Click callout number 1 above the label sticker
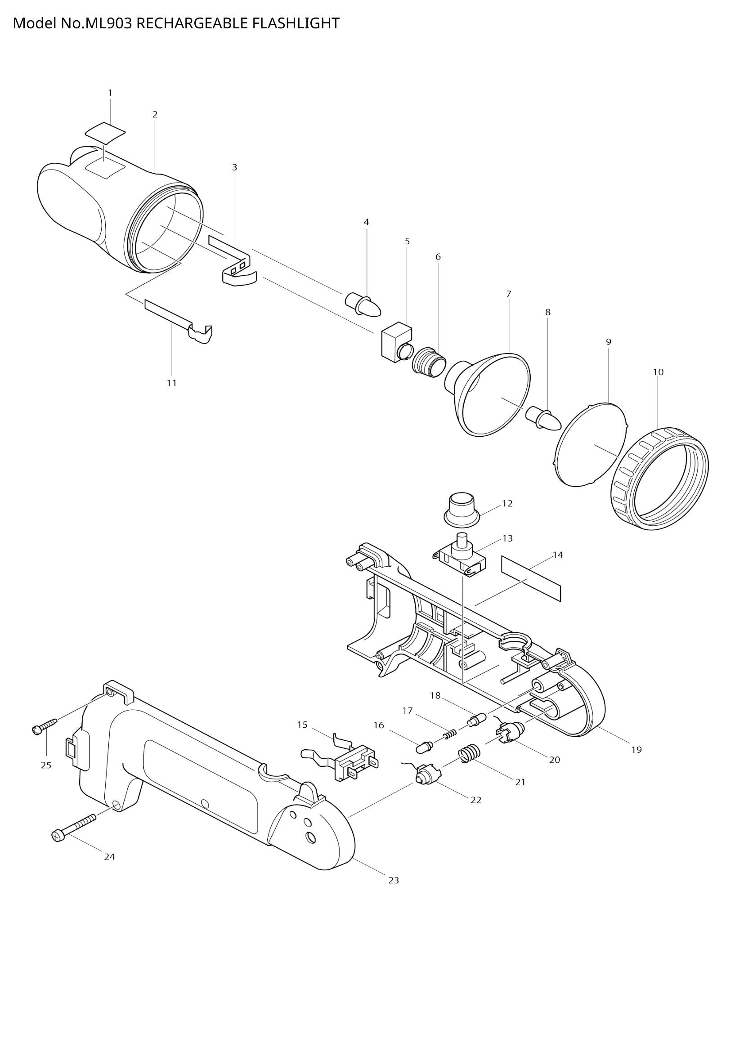[110, 93]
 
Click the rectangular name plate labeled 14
[531, 579]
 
